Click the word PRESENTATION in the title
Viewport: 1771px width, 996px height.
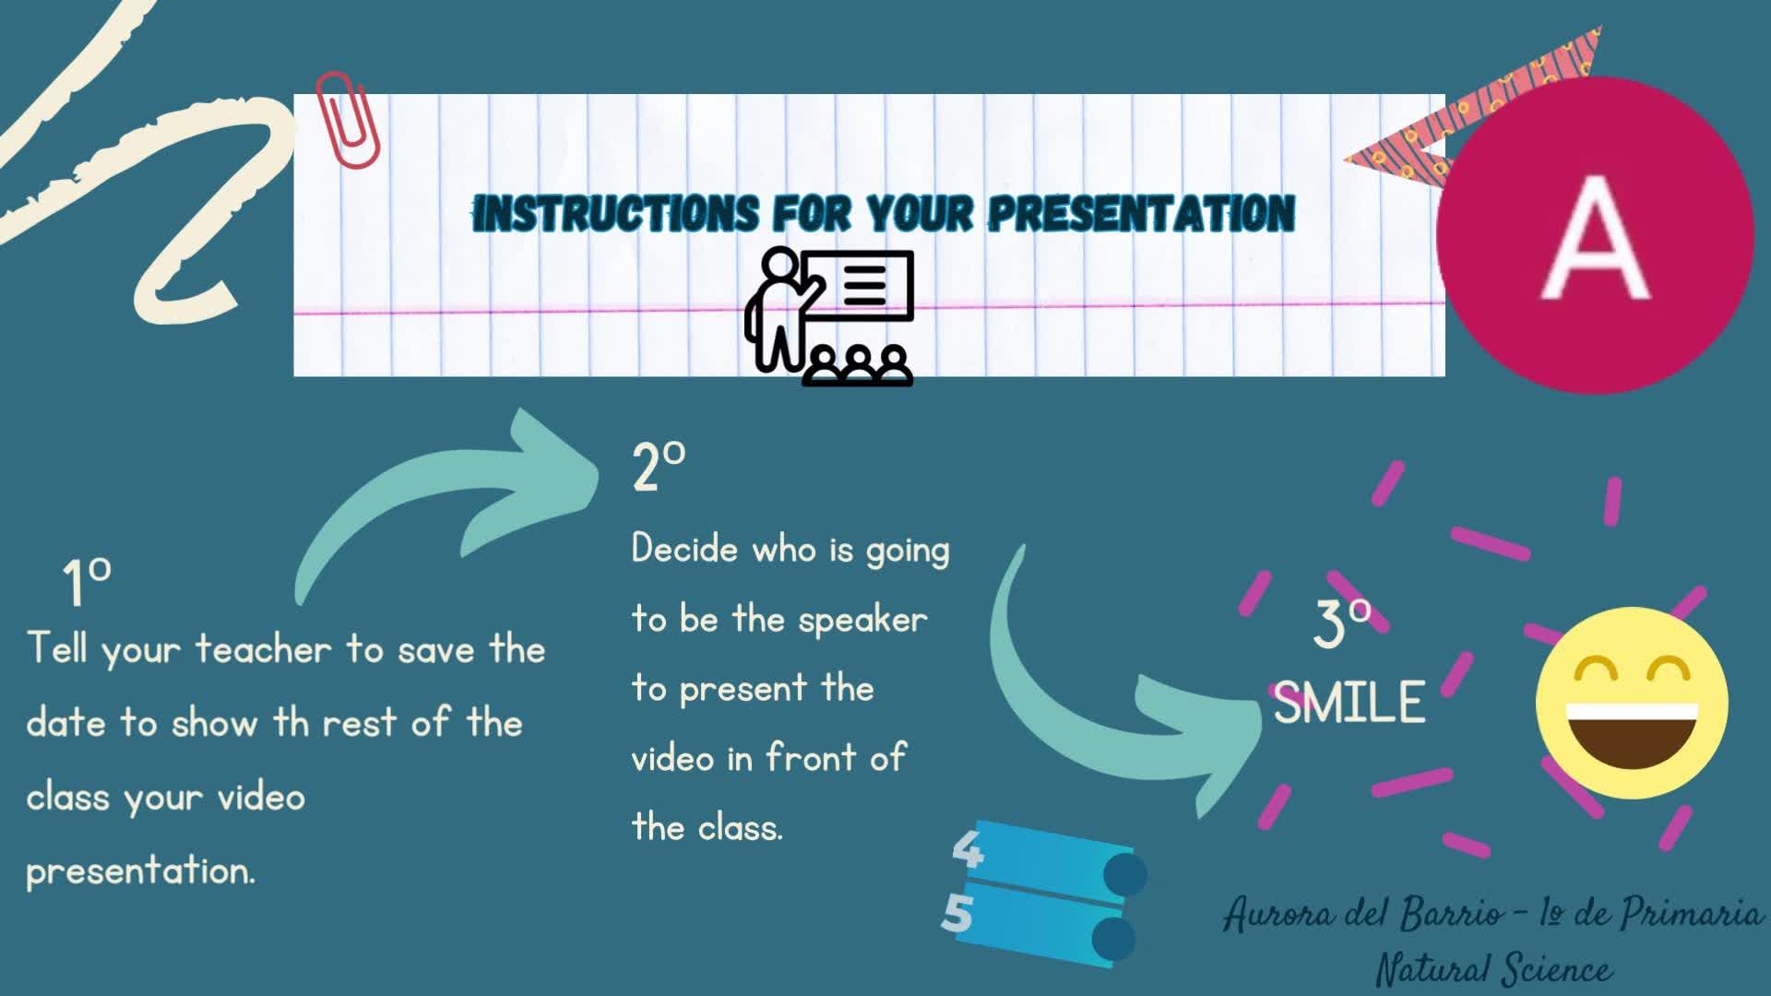click(x=1142, y=213)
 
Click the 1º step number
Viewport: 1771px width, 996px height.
click(x=87, y=582)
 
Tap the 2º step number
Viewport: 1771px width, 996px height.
click(x=659, y=466)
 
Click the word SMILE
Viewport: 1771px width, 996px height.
click(x=1349, y=704)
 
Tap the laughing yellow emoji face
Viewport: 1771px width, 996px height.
click(x=1632, y=703)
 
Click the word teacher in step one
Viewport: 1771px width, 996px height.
click(x=263, y=649)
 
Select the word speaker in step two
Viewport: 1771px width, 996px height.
click(x=862, y=620)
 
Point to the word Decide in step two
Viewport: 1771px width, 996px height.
click(x=685, y=549)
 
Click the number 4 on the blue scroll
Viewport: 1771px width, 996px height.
click(x=968, y=849)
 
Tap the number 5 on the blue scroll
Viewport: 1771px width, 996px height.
click(x=958, y=914)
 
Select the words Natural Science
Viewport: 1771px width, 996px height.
click(x=1494, y=969)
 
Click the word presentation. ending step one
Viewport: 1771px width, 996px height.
click(x=140, y=871)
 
